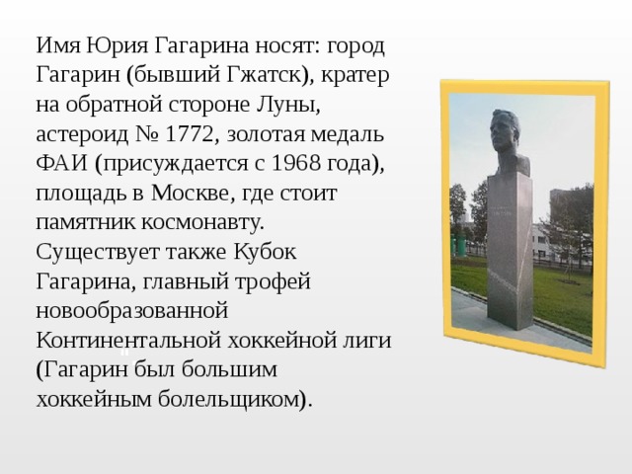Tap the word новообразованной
pos(133,307)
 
